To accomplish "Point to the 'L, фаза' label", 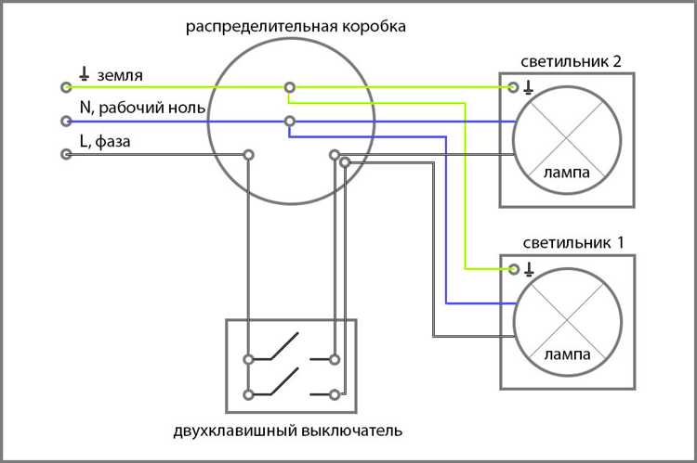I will (108, 142).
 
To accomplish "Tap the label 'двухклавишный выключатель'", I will (287, 431).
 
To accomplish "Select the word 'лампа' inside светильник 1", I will (567, 355).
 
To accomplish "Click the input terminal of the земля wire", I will (66, 87).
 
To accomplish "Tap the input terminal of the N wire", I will (66, 121).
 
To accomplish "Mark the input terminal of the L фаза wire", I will (66, 154).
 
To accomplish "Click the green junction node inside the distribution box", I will (290, 87).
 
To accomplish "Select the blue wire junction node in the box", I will (290, 121).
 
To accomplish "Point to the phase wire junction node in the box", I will (248, 154).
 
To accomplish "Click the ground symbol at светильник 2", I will (530, 87).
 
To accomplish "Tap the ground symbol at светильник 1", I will (530, 270).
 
